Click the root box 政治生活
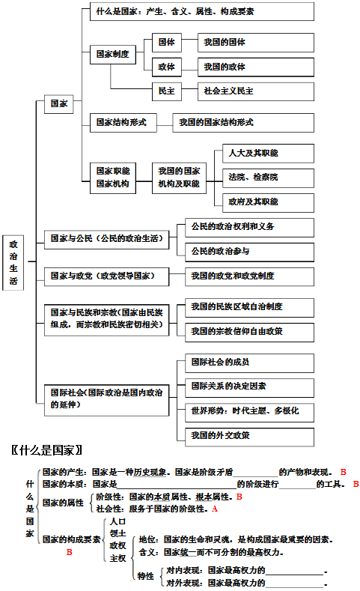pyautogui.click(x=13, y=262)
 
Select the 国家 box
pyautogui.click(x=58, y=103)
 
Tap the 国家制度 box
pyautogui.click(x=113, y=54)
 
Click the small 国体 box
pyautogui.click(x=167, y=42)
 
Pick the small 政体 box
pyautogui.click(x=167, y=67)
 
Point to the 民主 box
pyautogui.click(x=167, y=91)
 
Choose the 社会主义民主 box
pyautogui.click(x=256, y=91)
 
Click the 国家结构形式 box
pyautogui.click(x=123, y=123)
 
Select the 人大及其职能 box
pyautogui.click(x=268, y=153)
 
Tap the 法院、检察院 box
pyautogui.click(x=268, y=178)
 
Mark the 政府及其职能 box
pyautogui.click(x=268, y=202)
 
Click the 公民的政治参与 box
pyautogui.click(x=249, y=252)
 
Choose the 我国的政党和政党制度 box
pyautogui.click(x=249, y=276)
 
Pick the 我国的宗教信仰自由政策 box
pyautogui.click(x=249, y=332)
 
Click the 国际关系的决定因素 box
pyautogui.click(x=249, y=387)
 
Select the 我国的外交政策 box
pyautogui.click(x=249, y=437)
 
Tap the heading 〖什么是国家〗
pyautogui.click(x=46, y=450)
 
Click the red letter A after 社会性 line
pyautogui.click(x=215, y=509)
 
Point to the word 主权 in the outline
pyautogui.click(x=118, y=558)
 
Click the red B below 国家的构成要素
pyautogui.click(x=70, y=552)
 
